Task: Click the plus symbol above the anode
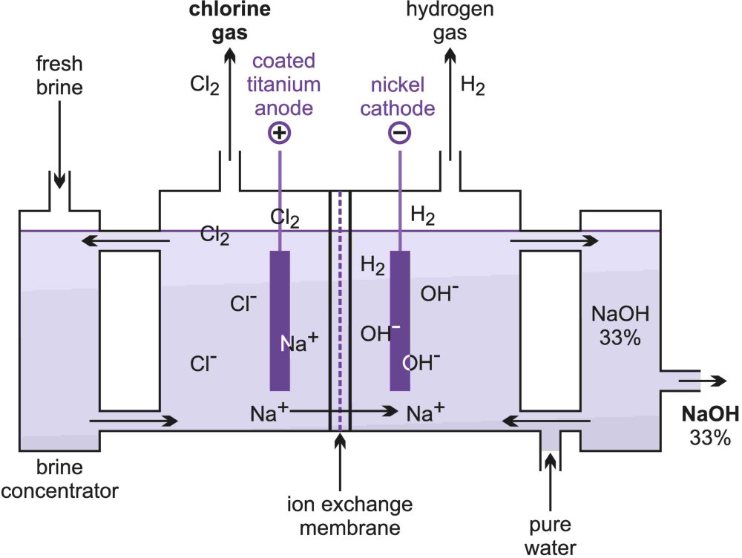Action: (280, 134)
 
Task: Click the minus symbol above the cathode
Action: (400, 134)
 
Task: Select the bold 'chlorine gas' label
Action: (217, 22)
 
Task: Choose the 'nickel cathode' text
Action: (401, 96)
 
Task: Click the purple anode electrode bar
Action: (280, 319)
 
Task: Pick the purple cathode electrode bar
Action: (400, 319)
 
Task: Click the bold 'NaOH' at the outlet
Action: (709, 413)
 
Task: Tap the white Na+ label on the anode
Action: (299, 342)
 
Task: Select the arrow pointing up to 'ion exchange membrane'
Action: (339, 460)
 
